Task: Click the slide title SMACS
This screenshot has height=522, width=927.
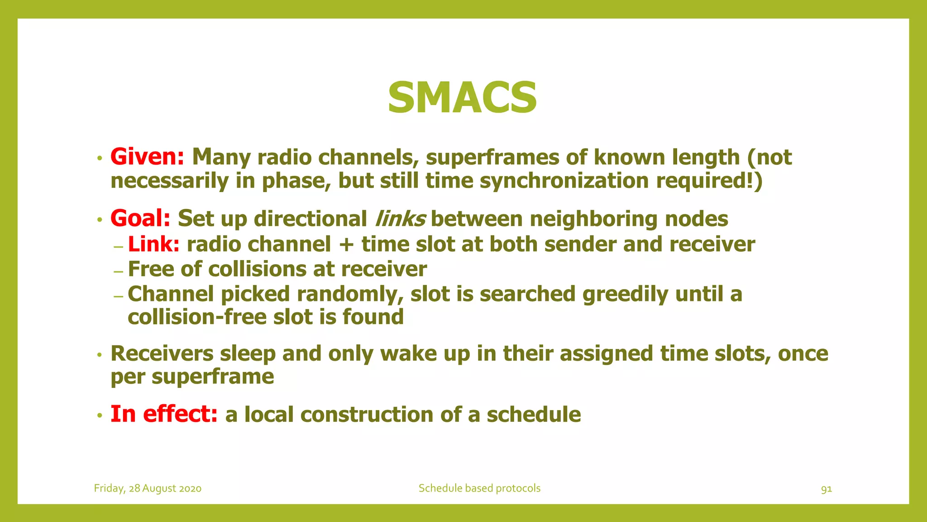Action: [462, 98]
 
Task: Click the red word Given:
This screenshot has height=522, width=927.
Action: [147, 157]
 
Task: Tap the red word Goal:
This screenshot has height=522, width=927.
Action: [140, 218]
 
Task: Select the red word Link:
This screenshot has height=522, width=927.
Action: [154, 244]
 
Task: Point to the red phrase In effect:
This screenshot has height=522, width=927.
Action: [164, 414]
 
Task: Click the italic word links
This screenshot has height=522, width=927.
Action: [400, 218]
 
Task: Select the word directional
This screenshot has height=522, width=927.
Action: [311, 218]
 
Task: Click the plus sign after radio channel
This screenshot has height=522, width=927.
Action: [346, 245]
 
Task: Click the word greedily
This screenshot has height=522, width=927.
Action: [625, 294]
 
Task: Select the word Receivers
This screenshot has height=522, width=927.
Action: [162, 353]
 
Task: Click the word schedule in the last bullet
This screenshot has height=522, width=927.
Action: [534, 414]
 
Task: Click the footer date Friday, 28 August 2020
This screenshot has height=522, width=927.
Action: [148, 488]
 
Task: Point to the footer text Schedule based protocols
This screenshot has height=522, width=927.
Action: [479, 488]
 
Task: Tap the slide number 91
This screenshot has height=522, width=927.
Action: [826, 489]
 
